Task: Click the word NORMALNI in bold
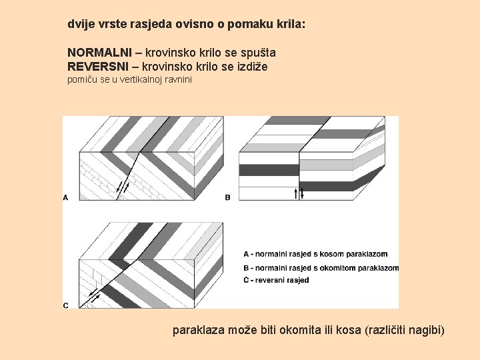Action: (99, 53)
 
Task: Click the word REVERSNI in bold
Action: (98, 67)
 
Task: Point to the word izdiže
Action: (253, 67)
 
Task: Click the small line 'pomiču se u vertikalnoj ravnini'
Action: (129, 79)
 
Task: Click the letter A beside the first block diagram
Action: (65, 198)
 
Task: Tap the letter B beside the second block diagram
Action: (227, 198)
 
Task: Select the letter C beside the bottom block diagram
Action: (65, 305)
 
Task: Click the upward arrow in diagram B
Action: (296, 193)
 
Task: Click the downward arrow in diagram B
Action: (302, 193)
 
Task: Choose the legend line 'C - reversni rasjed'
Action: (276, 280)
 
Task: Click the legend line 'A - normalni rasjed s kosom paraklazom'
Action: (315, 254)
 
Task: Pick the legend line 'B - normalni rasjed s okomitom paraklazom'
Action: (321, 268)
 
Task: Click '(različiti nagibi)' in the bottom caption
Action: (405, 330)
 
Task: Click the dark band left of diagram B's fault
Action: (269, 170)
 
